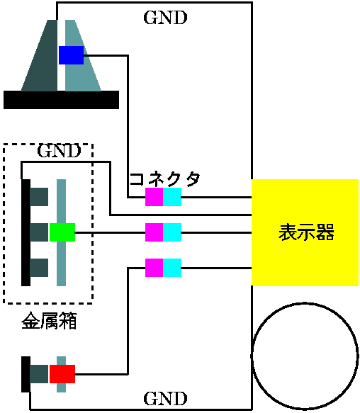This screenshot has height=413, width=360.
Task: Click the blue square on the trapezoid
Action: click(71, 55)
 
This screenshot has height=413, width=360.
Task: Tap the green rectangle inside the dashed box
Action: click(62, 232)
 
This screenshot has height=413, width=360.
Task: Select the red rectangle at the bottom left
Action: click(62, 374)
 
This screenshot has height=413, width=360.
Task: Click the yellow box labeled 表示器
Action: click(305, 232)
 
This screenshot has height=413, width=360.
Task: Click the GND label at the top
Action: click(165, 18)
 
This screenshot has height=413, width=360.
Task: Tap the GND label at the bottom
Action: click(165, 399)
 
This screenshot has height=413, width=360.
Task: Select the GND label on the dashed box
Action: click(59, 151)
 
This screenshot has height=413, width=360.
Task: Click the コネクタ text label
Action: click(164, 179)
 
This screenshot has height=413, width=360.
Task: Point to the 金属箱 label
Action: click(49, 320)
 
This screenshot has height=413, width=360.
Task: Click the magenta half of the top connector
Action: click(154, 197)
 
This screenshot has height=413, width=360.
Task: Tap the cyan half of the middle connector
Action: click(172, 232)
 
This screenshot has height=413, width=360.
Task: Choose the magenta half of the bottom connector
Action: click(154, 268)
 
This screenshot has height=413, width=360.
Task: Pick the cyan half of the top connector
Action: click(172, 197)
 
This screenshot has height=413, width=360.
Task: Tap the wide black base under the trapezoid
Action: click(61, 100)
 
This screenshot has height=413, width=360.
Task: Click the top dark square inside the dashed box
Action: click(39, 197)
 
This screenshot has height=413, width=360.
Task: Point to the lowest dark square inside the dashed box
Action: click(39, 268)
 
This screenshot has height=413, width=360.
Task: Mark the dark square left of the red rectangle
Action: click(39, 374)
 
